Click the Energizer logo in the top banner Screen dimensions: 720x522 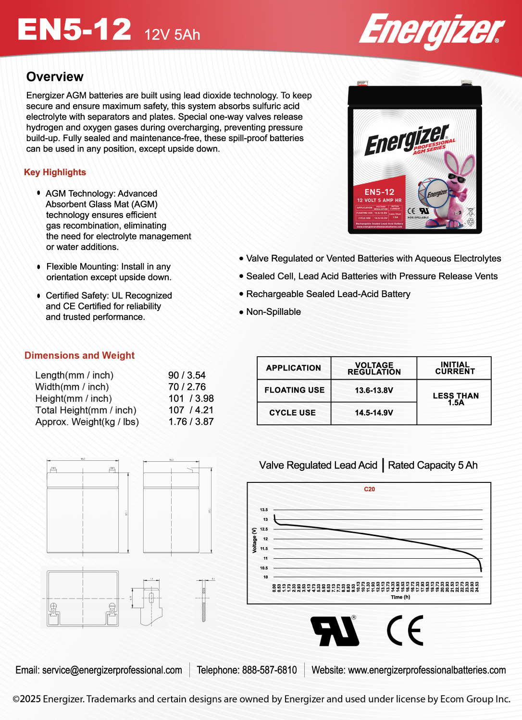tap(431, 30)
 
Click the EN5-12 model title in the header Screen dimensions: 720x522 tap(74, 30)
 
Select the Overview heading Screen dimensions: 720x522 tap(55, 77)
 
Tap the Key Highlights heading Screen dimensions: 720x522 tap(55, 172)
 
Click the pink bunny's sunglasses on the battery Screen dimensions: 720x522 tap(456, 179)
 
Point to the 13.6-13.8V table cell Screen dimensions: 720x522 tap(373, 390)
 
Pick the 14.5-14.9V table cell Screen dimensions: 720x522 tap(373, 413)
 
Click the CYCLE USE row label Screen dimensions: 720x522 tap(292, 413)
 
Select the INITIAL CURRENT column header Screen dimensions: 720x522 tap(455, 368)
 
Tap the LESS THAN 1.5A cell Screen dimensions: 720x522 tap(455, 399)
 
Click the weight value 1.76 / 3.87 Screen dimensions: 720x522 tap(191, 421)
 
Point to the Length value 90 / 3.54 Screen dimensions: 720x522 tap(186, 375)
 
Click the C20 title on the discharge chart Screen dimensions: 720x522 tap(369, 489)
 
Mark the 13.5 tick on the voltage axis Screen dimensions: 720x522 tap(264, 510)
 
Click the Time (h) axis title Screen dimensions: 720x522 tap(400, 597)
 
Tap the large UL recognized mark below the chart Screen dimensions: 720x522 tap(335, 631)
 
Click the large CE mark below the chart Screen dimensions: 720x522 tap(405, 631)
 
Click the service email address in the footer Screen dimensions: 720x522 tap(112, 670)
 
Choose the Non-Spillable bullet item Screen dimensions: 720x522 tap(273, 312)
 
